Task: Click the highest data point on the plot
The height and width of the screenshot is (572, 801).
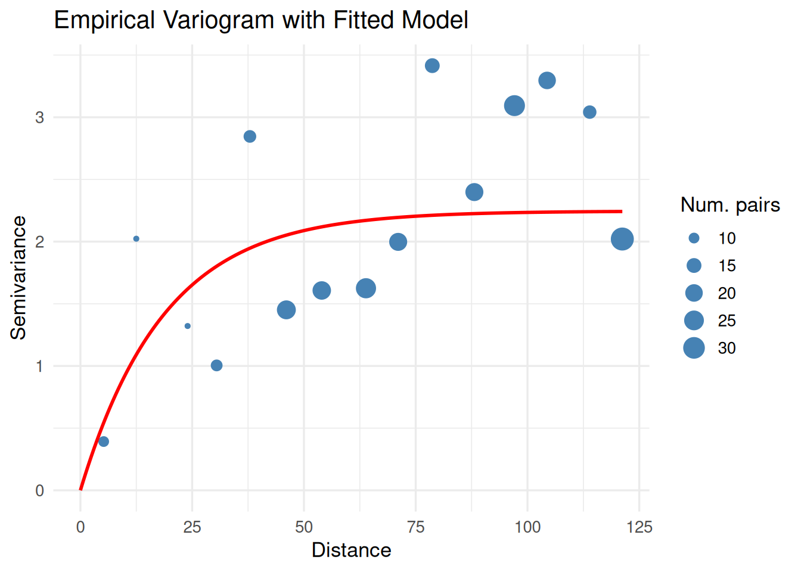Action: pos(432,66)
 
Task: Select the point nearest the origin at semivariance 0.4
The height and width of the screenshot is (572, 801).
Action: pos(104,442)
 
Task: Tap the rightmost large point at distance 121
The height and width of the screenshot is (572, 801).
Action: pos(622,239)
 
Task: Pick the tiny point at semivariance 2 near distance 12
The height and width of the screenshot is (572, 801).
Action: pos(136,239)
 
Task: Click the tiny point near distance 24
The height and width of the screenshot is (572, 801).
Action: pos(188,326)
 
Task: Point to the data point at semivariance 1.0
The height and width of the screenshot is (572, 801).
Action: pos(216,365)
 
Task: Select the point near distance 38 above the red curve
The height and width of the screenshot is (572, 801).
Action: pos(250,136)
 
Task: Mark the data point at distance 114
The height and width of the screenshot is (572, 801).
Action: pos(589,112)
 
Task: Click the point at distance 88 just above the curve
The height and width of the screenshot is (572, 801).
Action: pos(474,192)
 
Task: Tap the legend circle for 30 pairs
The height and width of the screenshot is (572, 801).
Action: pos(694,348)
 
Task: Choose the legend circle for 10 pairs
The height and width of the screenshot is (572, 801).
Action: pos(694,238)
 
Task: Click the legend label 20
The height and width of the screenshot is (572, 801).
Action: pos(727,293)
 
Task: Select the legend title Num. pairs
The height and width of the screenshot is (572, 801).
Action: pos(730,205)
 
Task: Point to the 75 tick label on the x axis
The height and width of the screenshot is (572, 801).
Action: pos(415,527)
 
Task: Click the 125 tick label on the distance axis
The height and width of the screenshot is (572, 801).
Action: pos(639,527)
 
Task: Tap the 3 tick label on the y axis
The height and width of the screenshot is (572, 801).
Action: pos(40,117)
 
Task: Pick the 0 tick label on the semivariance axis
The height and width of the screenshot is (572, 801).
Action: pos(40,491)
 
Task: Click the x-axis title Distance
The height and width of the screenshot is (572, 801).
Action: pos(351,550)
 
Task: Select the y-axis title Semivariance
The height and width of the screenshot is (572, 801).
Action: pos(18,278)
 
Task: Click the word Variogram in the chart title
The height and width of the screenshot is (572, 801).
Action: pos(219,20)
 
